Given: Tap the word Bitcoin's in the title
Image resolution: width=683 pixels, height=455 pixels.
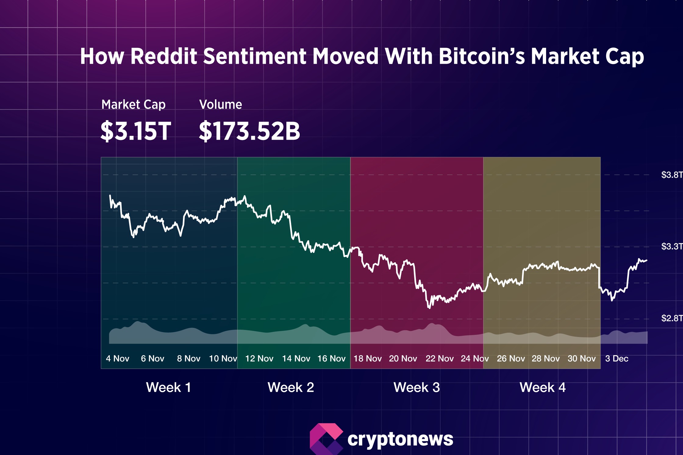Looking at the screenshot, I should pyautogui.click(x=481, y=57).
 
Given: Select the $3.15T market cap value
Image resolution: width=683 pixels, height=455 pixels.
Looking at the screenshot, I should pyautogui.click(x=136, y=131).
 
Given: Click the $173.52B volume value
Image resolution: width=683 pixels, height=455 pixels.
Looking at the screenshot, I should pyautogui.click(x=249, y=131).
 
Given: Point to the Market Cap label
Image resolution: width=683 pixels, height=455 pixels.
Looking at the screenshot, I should pyautogui.click(x=133, y=105).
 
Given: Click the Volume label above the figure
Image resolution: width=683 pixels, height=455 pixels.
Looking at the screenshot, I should pyautogui.click(x=220, y=105).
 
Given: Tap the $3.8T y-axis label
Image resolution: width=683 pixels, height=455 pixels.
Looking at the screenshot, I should pyautogui.click(x=671, y=175).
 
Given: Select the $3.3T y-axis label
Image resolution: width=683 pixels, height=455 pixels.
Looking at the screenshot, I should pyautogui.click(x=671, y=246).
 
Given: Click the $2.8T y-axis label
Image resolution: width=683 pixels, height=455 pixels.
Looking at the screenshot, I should pyautogui.click(x=671, y=318).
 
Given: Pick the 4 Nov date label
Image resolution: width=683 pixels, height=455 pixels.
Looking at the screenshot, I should pyautogui.click(x=117, y=359).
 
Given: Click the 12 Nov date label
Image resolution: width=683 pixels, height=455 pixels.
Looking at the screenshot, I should pyautogui.click(x=259, y=359).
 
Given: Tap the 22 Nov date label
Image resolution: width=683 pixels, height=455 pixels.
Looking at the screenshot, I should pyautogui.click(x=439, y=359).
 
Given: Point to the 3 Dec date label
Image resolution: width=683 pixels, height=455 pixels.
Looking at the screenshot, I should pyautogui.click(x=617, y=359).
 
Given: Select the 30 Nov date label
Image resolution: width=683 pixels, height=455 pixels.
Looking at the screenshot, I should pyautogui.click(x=581, y=359).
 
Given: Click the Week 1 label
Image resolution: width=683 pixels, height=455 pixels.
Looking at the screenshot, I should pyautogui.click(x=169, y=388).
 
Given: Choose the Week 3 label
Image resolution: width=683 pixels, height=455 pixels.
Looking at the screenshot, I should pyautogui.click(x=417, y=388).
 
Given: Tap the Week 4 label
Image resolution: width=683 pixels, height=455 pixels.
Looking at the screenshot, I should pyautogui.click(x=542, y=388).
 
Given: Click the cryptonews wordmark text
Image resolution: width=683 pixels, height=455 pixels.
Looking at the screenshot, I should pyautogui.click(x=400, y=439).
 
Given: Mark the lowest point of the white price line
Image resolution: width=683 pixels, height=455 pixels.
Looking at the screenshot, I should pyautogui.click(x=429, y=308).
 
